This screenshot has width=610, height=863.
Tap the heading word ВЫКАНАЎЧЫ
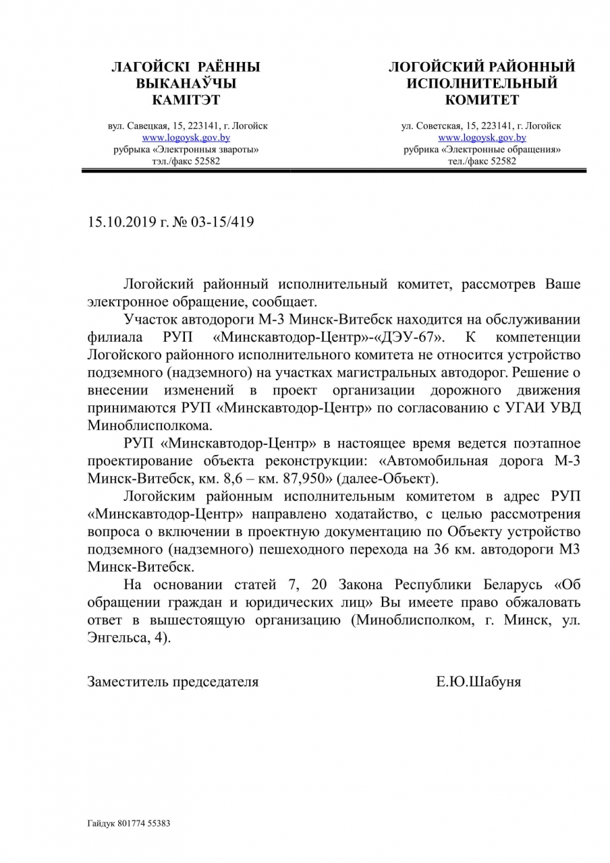[x=186, y=84]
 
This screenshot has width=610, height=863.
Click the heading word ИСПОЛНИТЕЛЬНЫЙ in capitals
[x=481, y=84]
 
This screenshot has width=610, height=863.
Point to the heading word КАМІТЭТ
[x=186, y=100]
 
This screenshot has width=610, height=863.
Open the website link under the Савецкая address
[x=186, y=137]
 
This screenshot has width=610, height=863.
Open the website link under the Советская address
[x=482, y=137]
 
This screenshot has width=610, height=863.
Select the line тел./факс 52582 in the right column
[x=482, y=160]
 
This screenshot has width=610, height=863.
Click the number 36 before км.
[x=422, y=548]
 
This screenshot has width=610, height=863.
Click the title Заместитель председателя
[x=173, y=682]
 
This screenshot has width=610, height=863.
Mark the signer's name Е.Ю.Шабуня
[x=478, y=682]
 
